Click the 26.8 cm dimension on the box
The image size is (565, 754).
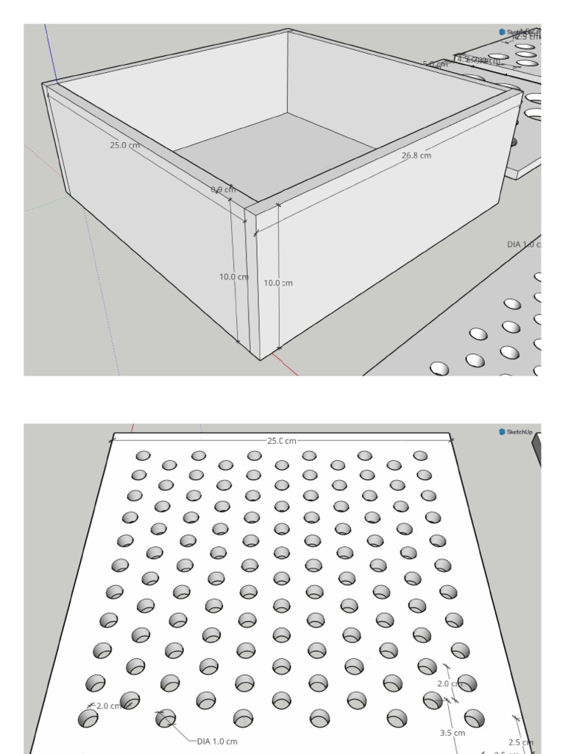416,155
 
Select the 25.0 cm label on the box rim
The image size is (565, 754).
125,145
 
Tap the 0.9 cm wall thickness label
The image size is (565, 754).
224,189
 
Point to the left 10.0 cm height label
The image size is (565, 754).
233,277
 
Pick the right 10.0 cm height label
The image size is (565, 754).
278,283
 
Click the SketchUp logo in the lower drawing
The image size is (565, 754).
518,432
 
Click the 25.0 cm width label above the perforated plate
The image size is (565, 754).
282,440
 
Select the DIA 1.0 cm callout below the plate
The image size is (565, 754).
217,741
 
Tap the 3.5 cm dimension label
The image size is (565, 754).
452,733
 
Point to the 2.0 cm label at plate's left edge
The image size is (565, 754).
109,705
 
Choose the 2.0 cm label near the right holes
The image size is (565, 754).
448,683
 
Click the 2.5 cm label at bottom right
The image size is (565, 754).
520,742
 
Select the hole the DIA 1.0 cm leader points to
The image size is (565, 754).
166,718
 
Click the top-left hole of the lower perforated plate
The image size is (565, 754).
143,456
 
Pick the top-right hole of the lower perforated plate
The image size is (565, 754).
420,456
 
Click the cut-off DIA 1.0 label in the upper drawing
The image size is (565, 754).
524,244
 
